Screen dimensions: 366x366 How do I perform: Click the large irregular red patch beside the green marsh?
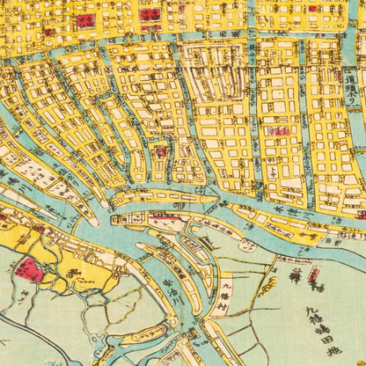[x=28, y=268]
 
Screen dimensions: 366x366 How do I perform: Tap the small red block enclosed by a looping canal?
[x=161, y=151]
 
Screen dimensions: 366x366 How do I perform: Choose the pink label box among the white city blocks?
[x=279, y=131]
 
